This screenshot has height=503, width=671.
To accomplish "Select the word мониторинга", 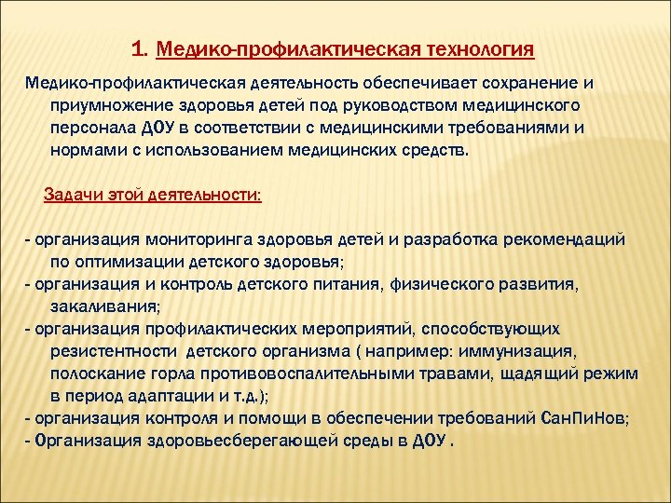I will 185,239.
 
